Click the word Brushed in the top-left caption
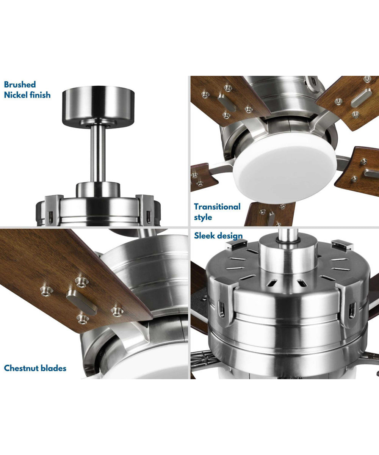[x=20, y=85]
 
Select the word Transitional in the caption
[x=217, y=207]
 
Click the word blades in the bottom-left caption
[x=53, y=368]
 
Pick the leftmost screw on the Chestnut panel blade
[x=45, y=292]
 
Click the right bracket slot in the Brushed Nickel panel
[x=148, y=216]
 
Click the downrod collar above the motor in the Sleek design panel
[x=288, y=256]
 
